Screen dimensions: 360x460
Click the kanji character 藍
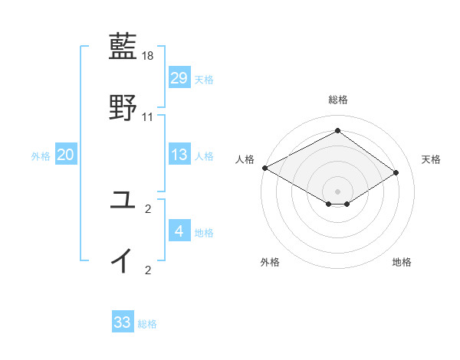pos(123,47)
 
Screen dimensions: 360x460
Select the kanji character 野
pos(123,108)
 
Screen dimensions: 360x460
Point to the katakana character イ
pos(123,260)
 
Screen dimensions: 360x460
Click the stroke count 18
pos(149,56)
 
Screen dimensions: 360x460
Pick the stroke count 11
pos(149,117)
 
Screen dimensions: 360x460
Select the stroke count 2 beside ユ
pos(148,208)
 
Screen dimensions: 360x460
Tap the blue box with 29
pos(179,77)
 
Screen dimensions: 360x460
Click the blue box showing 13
pos(179,155)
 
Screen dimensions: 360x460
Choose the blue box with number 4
pos(179,231)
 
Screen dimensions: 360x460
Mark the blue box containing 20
pos(66,155)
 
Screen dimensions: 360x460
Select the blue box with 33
pos(123,322)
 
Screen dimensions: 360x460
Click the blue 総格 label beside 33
pos(147,324)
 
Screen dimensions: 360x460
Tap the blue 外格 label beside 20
pos(41,156)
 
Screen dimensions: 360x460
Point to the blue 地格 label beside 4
pos(204,232)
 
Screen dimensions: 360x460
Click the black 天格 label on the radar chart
pos(431,159)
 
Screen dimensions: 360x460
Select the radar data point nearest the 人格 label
pos(264,167)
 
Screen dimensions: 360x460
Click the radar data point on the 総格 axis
pos(337,131)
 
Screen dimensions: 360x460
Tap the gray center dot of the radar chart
pos(337,191)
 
